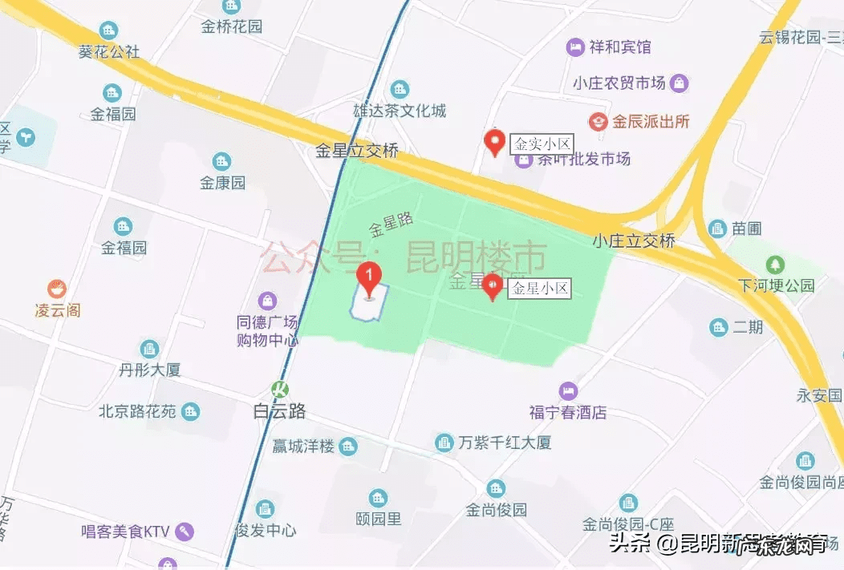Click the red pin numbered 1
pyautogui.click(x=368, y=280)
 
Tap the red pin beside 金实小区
pyautogui.click(x=496, y=142)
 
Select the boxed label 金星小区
pyautogui.click(x=540, y=289)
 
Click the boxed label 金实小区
pyautogui.click(x=542, y=144)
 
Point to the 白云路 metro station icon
pyautogui.click(x=280, y=390)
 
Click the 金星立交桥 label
pyautogui.click(x=357, y=150)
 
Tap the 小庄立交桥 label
pyautogui.click(x=634, y=241)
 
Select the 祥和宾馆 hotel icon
pyautogui.click(x=575, y=47)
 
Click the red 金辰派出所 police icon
pyautogui.click(x=597, y=122)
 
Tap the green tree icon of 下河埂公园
pyautogui.click(x=775, y=264)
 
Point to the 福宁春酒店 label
pyautogui.click(x=568, y=413)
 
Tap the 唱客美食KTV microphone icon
pyautogui.click(x=185, y=531)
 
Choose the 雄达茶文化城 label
pyautogui.click(x=400, y=111)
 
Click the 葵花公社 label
pyautogui.click(x=109, y=52)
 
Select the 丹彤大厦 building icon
pyautogui.click(x=149, y=349)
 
